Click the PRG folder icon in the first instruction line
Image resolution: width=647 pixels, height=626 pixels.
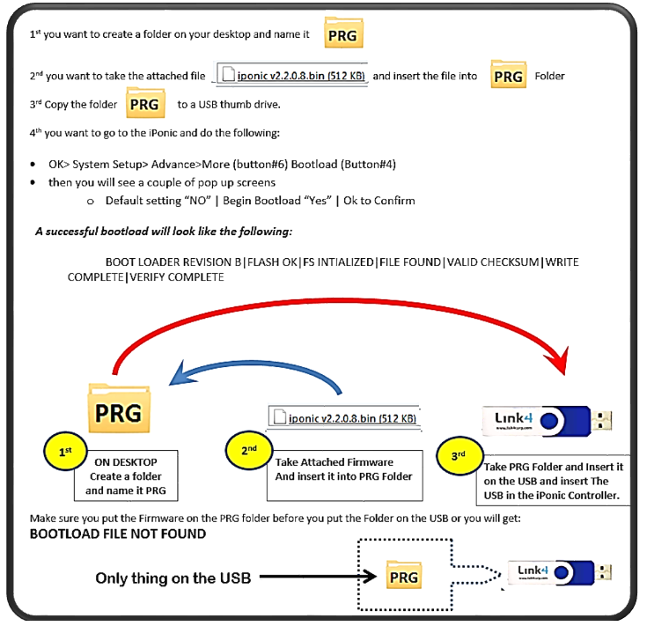(x=343, y=33)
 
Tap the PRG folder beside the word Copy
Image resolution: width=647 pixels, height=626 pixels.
(x=145, y=103)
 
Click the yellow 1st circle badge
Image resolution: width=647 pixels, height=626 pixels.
(x=65, y=451)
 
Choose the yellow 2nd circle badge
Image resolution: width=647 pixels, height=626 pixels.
(x=249, y=450)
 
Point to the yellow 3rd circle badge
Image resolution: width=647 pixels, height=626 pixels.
(x=459, y=455)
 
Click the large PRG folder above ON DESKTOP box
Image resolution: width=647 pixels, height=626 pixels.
(x=119, y=409)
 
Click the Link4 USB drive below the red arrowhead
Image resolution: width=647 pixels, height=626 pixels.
(x=548, y=421)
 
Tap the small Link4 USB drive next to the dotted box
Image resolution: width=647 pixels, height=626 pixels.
(x=560, y=572)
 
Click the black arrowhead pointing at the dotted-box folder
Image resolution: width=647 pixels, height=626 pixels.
(x=369, y=577)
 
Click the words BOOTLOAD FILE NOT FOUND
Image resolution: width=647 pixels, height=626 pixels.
(x=118, y=534)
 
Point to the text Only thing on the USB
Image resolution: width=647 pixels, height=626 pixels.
(x=173, y=578)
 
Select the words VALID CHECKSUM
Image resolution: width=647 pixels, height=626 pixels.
(x=493, y=262)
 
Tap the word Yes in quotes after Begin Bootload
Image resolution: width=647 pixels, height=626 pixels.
(x=318, y=201)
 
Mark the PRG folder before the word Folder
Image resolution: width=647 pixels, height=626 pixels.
(x=509, y=75)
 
